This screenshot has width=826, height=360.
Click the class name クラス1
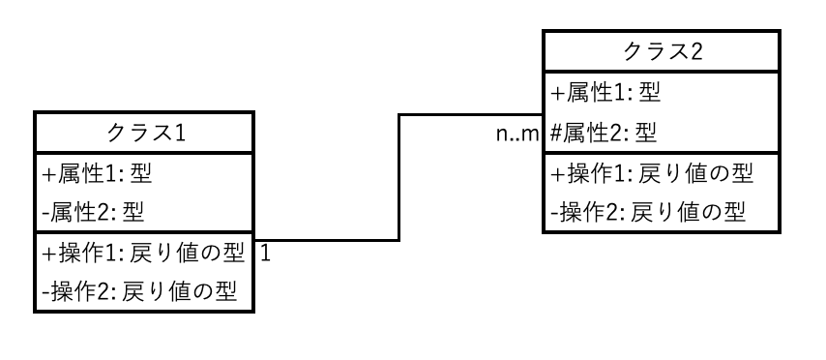click(x=146, y=133)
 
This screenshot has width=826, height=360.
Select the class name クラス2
click(x=663, y=51)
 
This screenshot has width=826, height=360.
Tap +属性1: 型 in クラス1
click(x=97, y=173)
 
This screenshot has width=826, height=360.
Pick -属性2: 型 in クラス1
click(x=93, y=212)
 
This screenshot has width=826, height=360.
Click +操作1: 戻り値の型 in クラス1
click(x=143, y=253)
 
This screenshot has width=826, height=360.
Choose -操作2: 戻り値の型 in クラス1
click(x=139, y=291)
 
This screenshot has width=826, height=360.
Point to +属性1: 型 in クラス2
click(x=605, y=93)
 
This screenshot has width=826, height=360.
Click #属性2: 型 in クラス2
click(x=604, y=133)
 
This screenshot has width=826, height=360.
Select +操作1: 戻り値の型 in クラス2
click(x=652, y=173)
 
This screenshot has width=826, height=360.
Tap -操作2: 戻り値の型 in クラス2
click(x=647, y=212)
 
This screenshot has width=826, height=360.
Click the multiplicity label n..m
click(x=517, y=135)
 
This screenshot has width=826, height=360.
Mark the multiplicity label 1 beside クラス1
click(x=265, y=254)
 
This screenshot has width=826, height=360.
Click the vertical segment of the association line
click(x=398, y=178)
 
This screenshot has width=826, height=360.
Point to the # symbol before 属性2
click(x=555, y=133)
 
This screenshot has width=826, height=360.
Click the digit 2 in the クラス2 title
click(x=696, y=51)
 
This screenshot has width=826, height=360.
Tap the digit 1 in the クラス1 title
click(x=180, y=133)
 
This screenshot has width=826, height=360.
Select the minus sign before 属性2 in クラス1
click(x=45, y=214)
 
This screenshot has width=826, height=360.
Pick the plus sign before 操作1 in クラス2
click(x=557, y=173)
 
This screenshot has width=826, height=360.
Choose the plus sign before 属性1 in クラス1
click(x=48, y=174)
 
